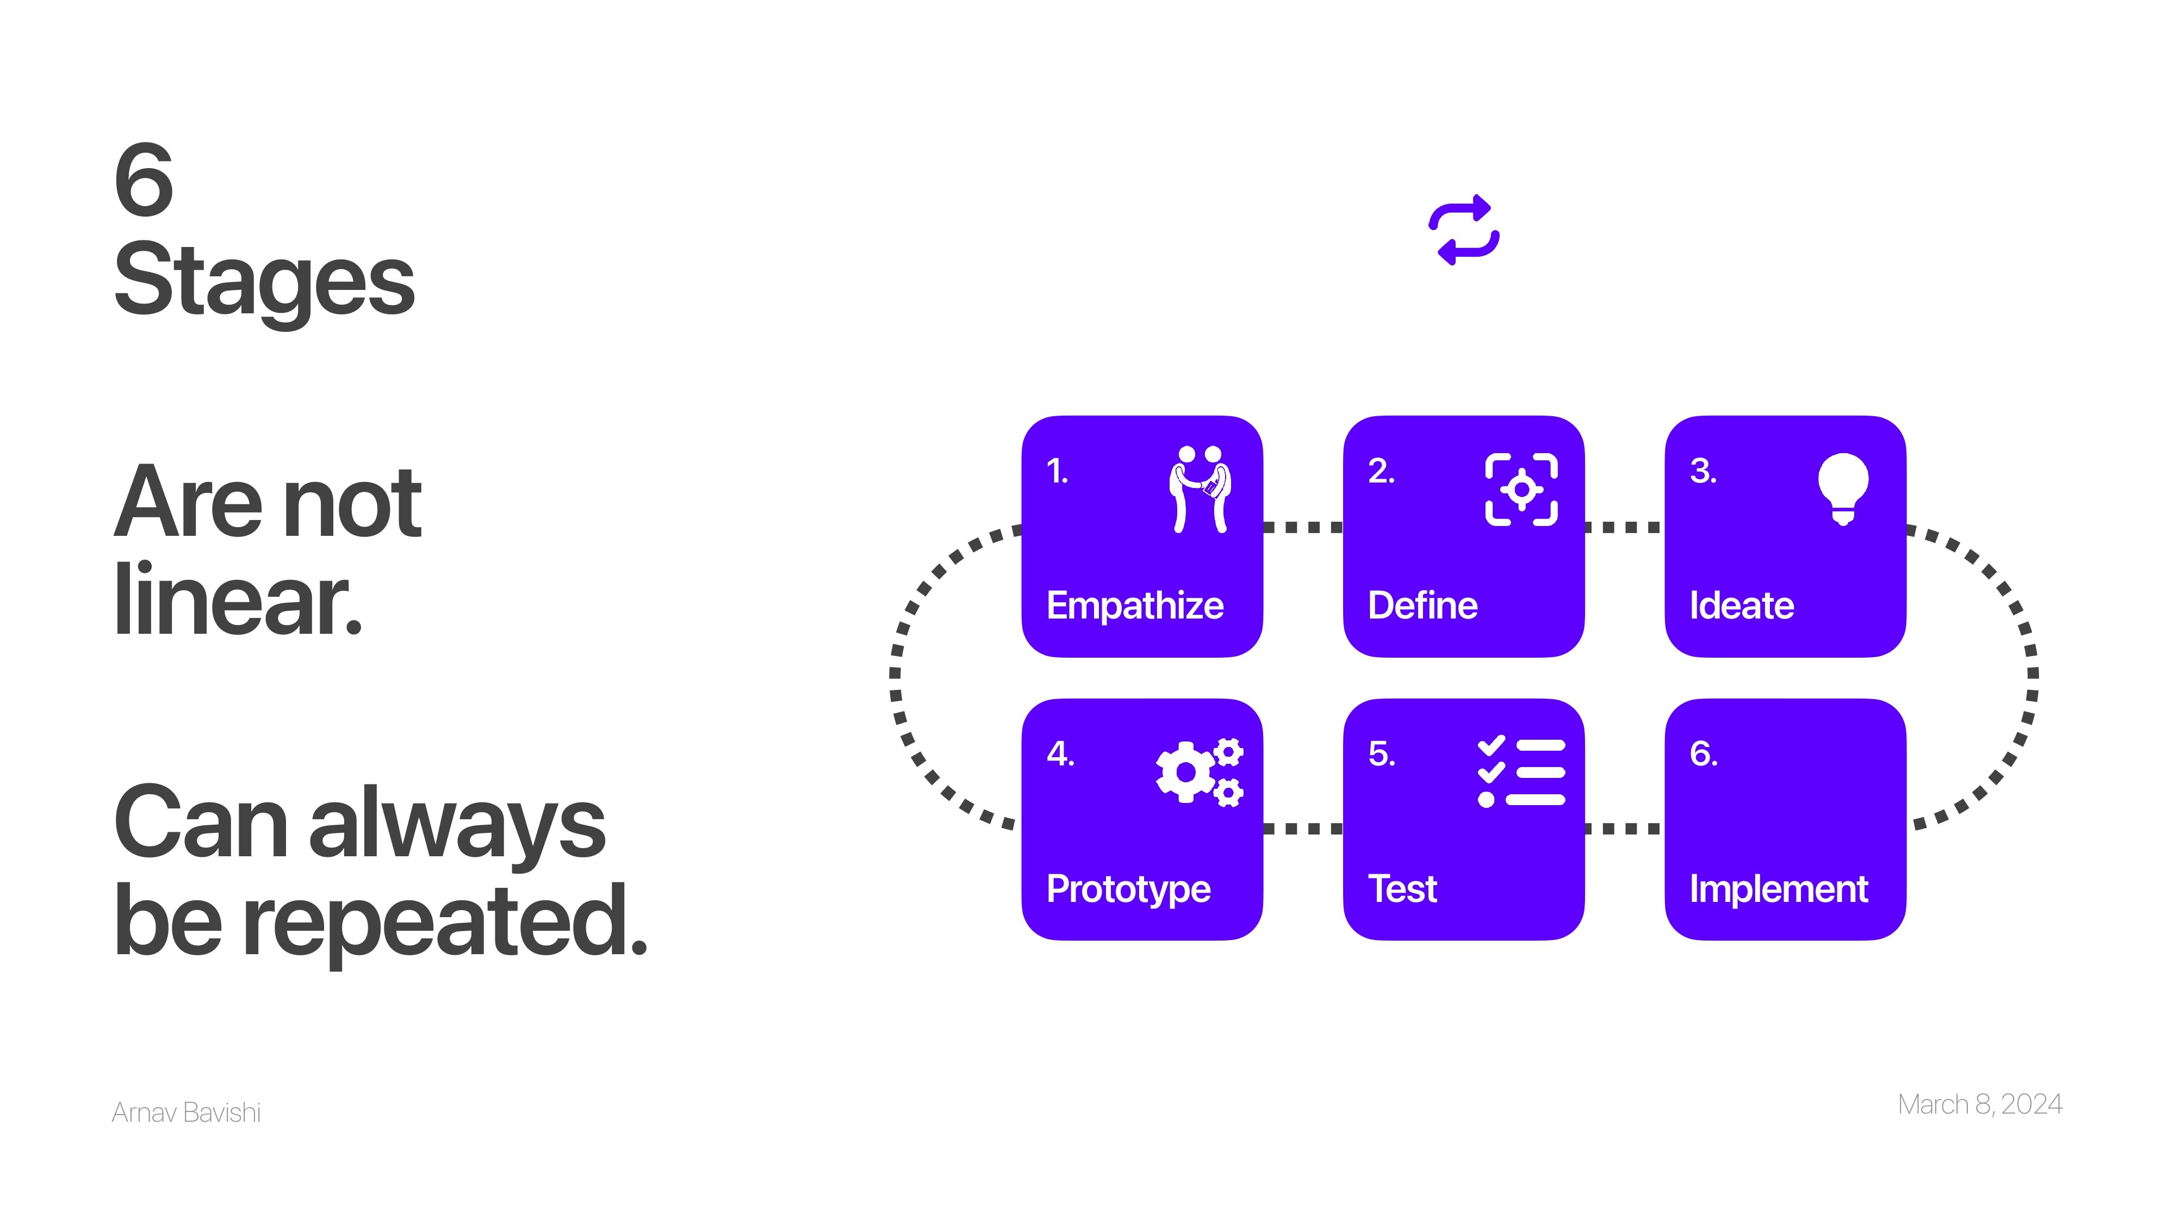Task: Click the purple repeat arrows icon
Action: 1463,230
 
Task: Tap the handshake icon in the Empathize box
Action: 1200,489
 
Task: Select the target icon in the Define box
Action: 1521,489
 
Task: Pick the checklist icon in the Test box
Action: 1521,772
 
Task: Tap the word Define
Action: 1422,605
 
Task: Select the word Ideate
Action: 1741,605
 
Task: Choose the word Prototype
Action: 1128,889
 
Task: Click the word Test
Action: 1402,889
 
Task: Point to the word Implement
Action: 1778,889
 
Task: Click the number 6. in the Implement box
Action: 1703,753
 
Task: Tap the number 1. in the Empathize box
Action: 1057,471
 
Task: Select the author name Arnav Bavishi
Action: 186,1112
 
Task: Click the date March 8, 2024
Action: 1979,1104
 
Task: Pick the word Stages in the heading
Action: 264,281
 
